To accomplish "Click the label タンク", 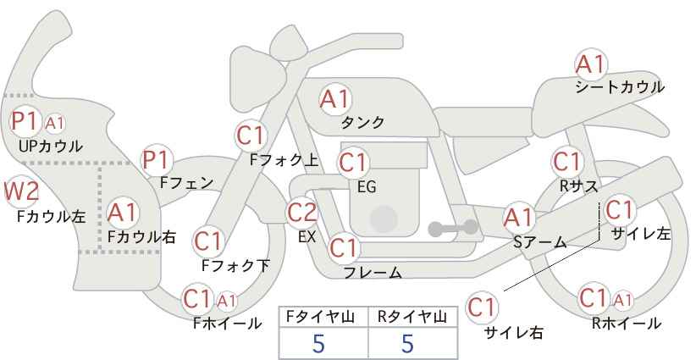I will click(x=362, y=122).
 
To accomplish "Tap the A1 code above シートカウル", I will click(x=589, y=64).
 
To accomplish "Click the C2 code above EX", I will click(x=302, y=213).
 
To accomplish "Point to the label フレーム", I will click(x=373, y=272).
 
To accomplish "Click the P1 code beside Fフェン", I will click(x=157, y=158).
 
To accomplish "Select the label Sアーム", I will click(x=539, y=242).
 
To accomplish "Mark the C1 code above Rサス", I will click(x=567, y=160).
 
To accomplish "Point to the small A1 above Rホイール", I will click(x=623, y=299).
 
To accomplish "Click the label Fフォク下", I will click(x=235, y=265).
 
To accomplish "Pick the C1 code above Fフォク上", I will click(x=251, y=134).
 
